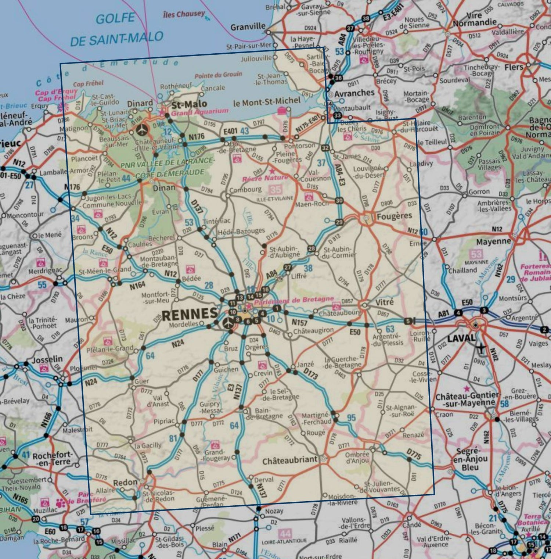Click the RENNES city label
pyautogui.click(x=190, y=313)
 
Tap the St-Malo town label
pyautogui.click(x=189, y=104)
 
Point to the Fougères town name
pyautogui.click(x=394, y=216)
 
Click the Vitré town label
pyautogui.click(x=384, y=302)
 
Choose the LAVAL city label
pyautogui.click(x=461, y=338)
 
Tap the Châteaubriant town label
pyautogui.click(x=290, y=460)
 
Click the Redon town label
pyautogui.click(x=125, y=482)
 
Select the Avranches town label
pyautogui.click(x=354, y=93)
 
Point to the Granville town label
pyautogui.click(x=248, y=26)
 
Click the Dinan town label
pyautogui.click(x=164, y=188)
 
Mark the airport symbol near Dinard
pyautogui.click(x=142, y=129)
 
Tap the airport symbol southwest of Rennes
pyautogui.click(x=228, y=323)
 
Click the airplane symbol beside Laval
pyautogui.click(x=480, y=347)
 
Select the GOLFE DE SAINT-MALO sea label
pyautogui.click(x=116, y=29)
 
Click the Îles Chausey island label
pyautogui.click(x=184, y=14)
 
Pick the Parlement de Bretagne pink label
pyautogui.click(x=294, y=300)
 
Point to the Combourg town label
pyautogui.click(x=245, y=190)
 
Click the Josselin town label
pyautogui.click(x=47, y=359)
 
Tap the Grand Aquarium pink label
pyautogui.click(x=199, y=111)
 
